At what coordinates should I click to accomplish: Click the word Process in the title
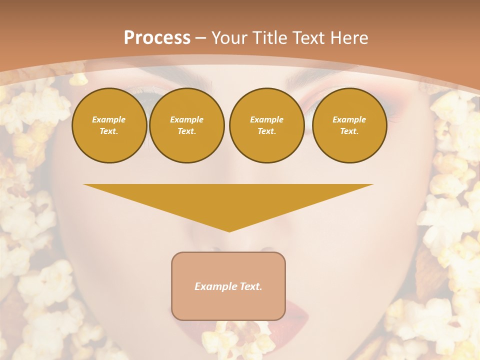[157, 38]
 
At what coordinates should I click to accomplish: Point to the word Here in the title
[348, 38]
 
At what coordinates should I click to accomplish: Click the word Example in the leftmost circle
[109, 119]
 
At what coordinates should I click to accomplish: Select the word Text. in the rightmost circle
[349, 131]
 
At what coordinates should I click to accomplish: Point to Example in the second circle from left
[187, 119]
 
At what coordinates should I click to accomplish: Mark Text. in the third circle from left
[266, 131]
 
